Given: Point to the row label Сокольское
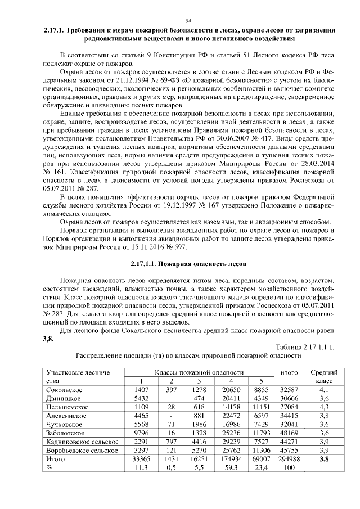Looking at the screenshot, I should [x=65, y=389].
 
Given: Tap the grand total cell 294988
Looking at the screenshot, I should [x=289, y=459].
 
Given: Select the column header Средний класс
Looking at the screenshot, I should [x=324, y=376].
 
